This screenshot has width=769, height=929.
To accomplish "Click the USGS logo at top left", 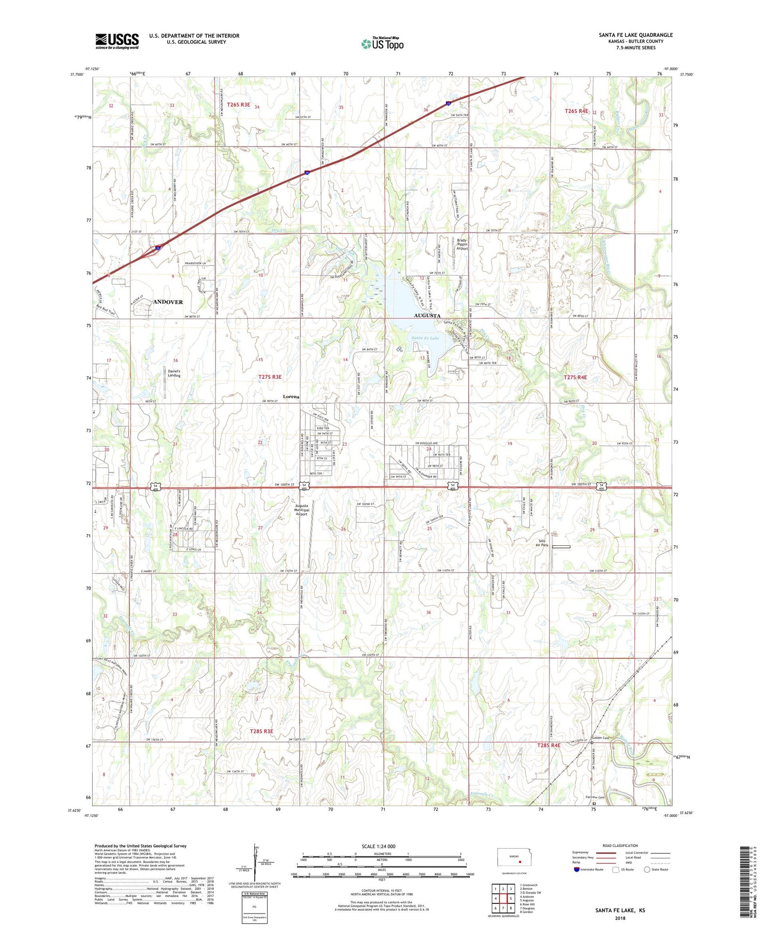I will (x=117, y=41).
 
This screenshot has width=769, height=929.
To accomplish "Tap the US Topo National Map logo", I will (x=382, y=43).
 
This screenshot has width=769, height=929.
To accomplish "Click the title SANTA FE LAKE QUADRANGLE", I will (x=635, y=35).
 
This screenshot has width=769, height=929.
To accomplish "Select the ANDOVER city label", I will (x=168, y=302).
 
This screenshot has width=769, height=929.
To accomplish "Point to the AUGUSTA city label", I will (x=427, y=316).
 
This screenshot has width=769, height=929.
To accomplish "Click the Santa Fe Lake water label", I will (x=425, y=338).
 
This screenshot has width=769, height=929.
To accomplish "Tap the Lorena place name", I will (x=291, y=396).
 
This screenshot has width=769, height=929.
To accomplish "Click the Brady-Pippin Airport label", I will (x=462, y=244).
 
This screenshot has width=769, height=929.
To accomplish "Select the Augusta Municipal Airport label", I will (x=302, y=510).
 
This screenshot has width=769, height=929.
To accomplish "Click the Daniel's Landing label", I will (x=174, y=373).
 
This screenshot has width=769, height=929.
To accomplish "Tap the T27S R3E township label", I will (x=270, y=377).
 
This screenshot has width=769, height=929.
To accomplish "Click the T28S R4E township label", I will (x=549, y=745).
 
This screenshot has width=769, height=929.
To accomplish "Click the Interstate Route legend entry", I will (x=591, y=869).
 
